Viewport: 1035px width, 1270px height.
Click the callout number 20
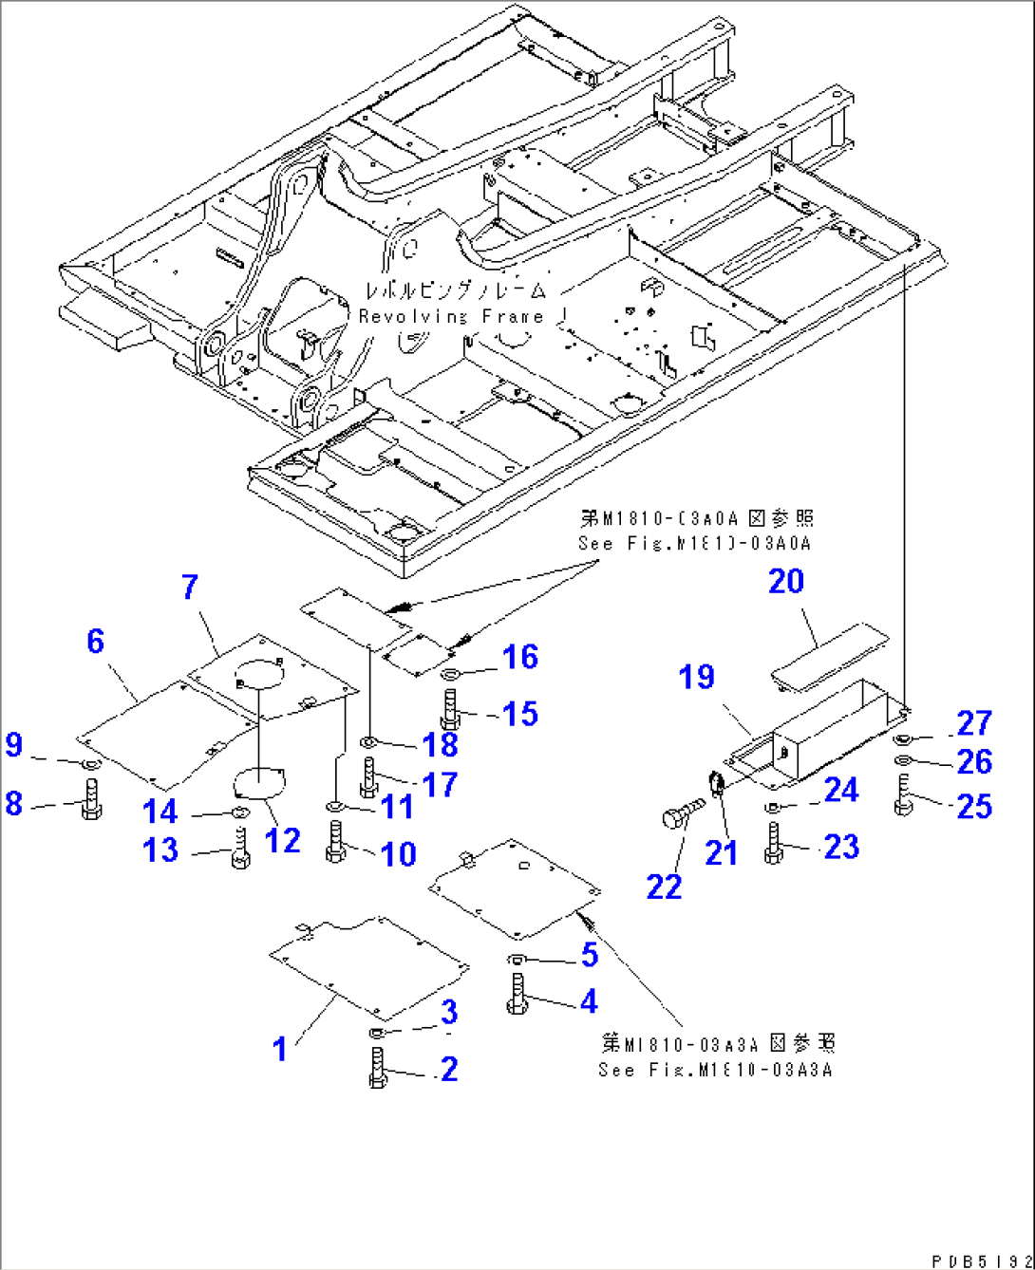pyautogui.click(x=785, y=581)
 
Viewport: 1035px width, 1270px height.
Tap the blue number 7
pyautogui.click(x=190, y=587)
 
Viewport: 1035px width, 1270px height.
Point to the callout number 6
pyautogui.click(x=95, y=642)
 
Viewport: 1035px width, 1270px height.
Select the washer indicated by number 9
pyautogui.click(x=91, y=765)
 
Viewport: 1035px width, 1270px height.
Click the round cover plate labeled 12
pyautogui.click(x=258, y=785)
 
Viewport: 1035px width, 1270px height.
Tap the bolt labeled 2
pyautogui.click(x=377, y=1067)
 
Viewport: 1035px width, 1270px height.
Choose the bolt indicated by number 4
pyautogui.click(x=517, y=994)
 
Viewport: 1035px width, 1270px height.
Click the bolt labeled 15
pyautogui.click(x=450, y=708)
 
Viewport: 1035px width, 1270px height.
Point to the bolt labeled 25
pyautogui.click(x=902, y=794)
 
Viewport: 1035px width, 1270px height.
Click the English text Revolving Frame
pyautogui.click(x=451, y=316)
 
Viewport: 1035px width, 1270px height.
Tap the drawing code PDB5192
pyautogui.click(x=981, y=1261)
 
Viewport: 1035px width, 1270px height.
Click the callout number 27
pyautogui.click(x=974, y=723)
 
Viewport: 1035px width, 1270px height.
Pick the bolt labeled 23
pyautogui.click(x=774, y=843)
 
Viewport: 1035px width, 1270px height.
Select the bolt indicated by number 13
pyautogui.click(x=240, y=848)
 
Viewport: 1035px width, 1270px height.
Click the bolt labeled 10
pyautogui.click(x=335, y=843)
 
